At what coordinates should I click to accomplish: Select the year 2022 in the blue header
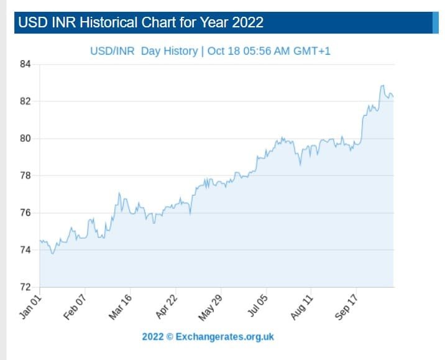pos(248,23)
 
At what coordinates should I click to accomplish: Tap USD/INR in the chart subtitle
pos(112,50)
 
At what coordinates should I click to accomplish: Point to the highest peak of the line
pos(382,86)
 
